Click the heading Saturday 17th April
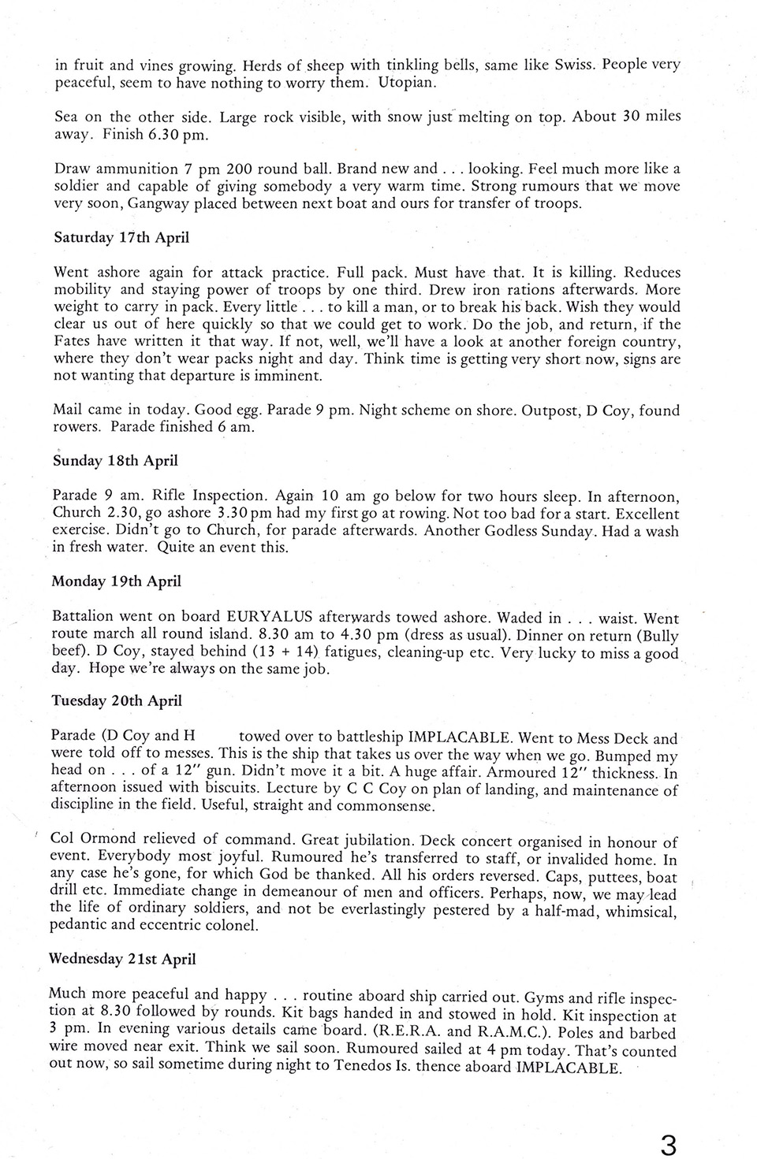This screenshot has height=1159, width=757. coord(121,237)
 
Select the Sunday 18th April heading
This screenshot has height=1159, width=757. coord(115,461)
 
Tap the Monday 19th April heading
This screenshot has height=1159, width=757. coord(117,581)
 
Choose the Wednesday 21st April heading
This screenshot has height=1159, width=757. coord(122,959)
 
